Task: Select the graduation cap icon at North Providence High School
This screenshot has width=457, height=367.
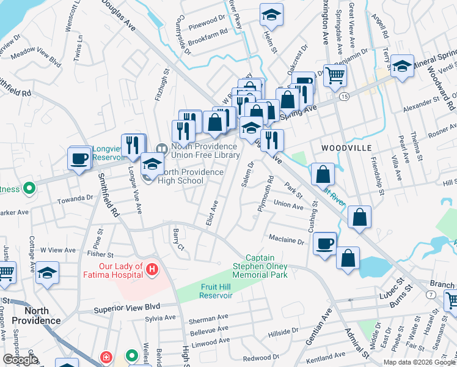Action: tap(152, 163)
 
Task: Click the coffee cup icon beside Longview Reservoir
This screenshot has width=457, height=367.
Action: tap(79, 158)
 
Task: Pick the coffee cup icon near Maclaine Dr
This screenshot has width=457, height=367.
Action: tap(324, 243)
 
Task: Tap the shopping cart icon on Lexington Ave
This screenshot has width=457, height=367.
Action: tap(334, 76)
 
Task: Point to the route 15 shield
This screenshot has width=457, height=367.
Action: tap(345, 97)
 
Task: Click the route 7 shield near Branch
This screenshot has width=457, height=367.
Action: tap(431, 295)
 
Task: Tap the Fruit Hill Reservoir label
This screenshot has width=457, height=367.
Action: tap(216, 291)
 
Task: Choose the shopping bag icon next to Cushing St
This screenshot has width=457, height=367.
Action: tap(323, 174)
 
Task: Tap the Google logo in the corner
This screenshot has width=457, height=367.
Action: tap(20, 360)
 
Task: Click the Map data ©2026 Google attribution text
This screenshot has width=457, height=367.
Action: tap(419, 362)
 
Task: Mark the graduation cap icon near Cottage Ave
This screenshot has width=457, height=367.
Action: tap(47, 273)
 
